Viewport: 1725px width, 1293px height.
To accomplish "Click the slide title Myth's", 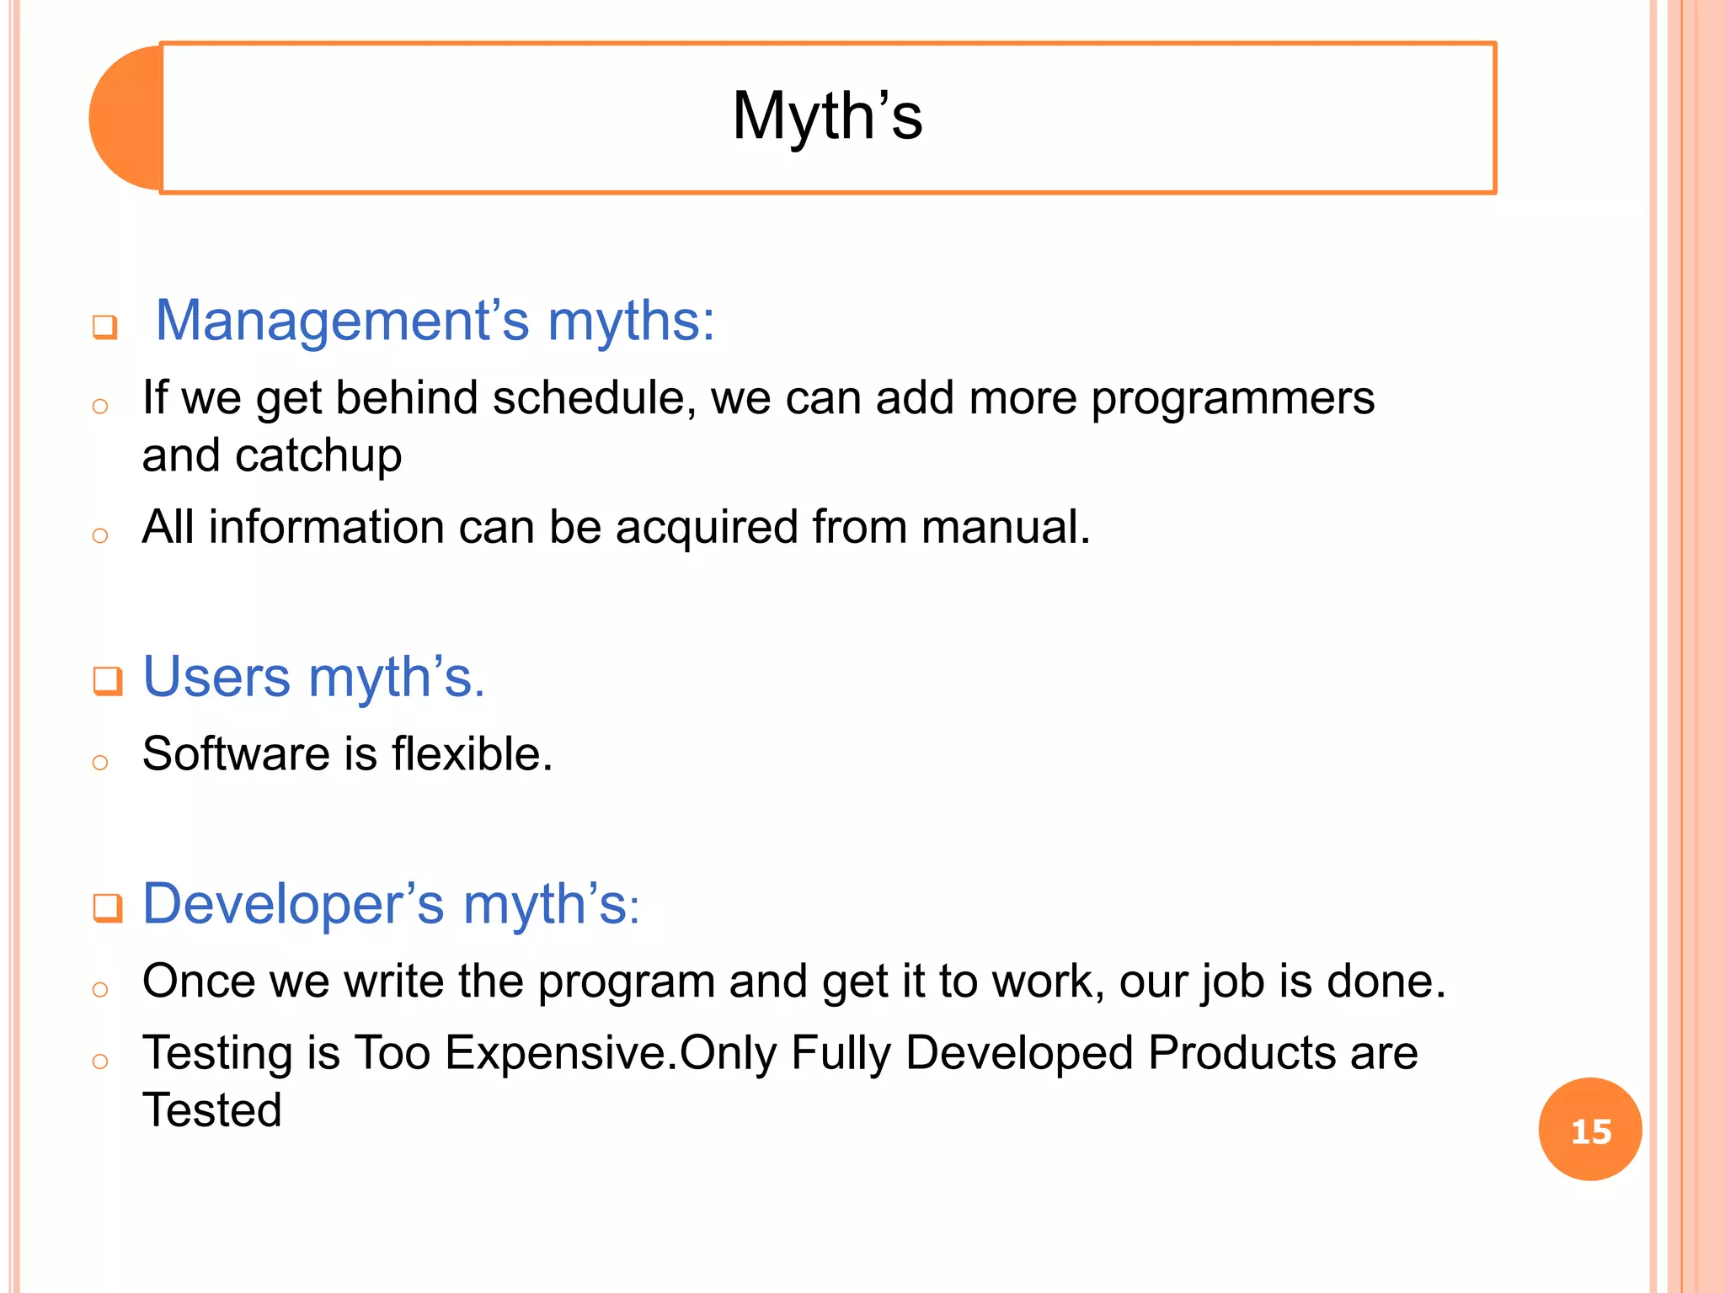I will pyautogui.click(x=827, y=116).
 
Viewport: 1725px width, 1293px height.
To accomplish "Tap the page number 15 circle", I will pyautogui.click(x=1589, y=1130).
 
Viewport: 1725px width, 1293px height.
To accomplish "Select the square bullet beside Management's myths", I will pyautogui.click(x=105, y=327).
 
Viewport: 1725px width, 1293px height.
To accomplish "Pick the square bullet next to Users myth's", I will pyautogui.click(x=108, y=680).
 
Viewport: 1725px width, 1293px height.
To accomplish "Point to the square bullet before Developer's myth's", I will pyautogui.click(x=108, y=908).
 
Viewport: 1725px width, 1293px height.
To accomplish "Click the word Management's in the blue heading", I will pyautogui.click(x=342, y=322).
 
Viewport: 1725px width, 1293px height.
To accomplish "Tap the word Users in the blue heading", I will pyautogui.click(x=216, y=677).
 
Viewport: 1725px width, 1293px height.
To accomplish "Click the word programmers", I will pyautogui.click(x=1232, y=398).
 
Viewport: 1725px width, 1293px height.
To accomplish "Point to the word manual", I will pyautogui.click(x=1005, y=528).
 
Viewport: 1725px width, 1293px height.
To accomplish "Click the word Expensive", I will pyautogui.click(x=560, y=1053).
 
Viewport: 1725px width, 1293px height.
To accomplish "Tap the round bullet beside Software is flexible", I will pyautogui.click(x=100, y=763).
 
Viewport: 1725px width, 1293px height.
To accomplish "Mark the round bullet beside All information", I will pyautogui.click(x=100, y=535).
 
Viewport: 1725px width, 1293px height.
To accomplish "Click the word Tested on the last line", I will pyautogui.click(x=211, y=1110).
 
